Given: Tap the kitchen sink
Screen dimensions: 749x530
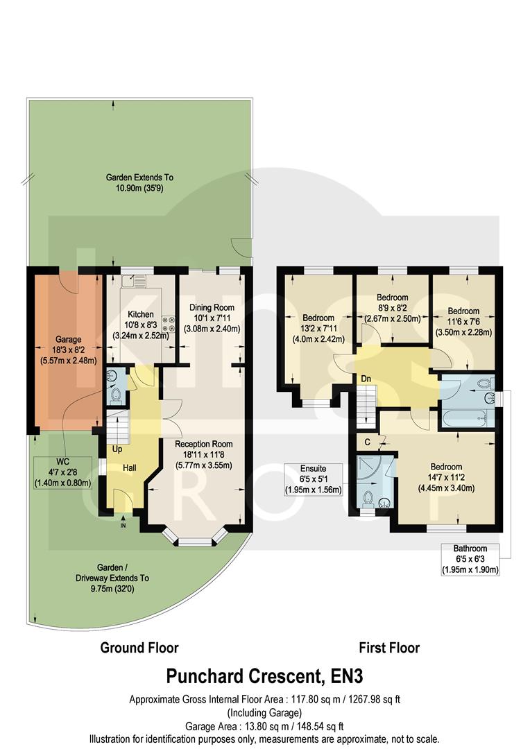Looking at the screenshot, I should tap(130, 282).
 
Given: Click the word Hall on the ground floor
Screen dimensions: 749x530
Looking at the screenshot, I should tap(130, 469).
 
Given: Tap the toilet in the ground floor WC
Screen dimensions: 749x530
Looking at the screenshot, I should tap(116, 396).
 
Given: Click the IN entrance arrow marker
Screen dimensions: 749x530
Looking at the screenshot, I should tap(123, 525).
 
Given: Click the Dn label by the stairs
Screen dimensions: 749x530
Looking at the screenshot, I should tap(365, 379).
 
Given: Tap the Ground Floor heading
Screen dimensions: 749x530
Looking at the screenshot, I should tap(139, 648).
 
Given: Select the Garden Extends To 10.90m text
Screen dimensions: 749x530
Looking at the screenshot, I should tap(139, 183).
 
